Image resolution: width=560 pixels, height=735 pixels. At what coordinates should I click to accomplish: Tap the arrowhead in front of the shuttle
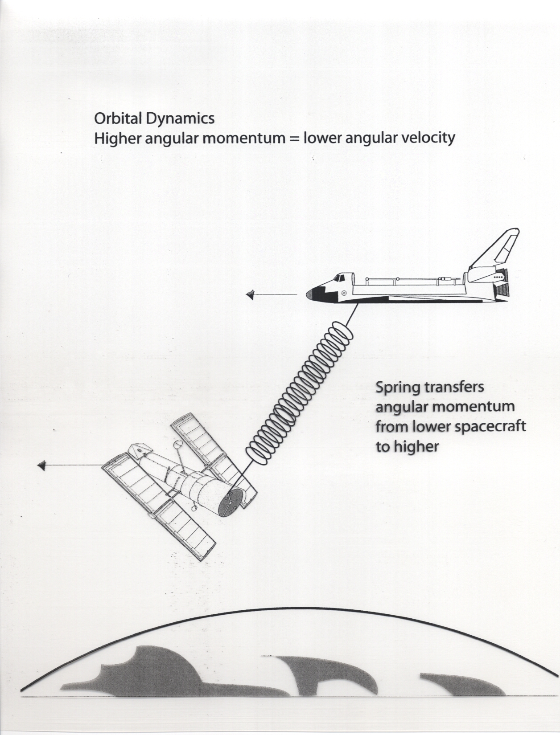[250, 294]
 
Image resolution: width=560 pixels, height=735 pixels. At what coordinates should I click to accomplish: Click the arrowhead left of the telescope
[42, 465]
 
